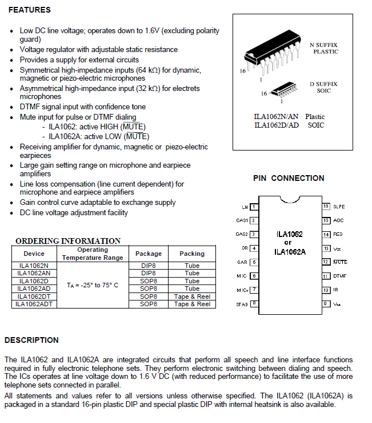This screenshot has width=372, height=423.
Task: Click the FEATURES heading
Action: [x=30, y=10]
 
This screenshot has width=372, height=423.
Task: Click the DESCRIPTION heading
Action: [x=31, y=340]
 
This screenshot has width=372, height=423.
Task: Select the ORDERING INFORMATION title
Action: [x=68, y=241]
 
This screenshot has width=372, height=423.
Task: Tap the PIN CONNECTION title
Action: [x=289, y=178]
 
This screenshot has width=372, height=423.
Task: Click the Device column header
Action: [x=34, y=254]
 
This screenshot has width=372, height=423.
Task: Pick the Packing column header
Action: [x=192, y=254]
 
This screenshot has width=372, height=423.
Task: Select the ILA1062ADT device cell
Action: [x=34, y=304]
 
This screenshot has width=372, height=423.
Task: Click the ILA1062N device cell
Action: [x=34, y=266]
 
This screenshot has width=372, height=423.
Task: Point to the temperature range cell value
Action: [x=93, y=284]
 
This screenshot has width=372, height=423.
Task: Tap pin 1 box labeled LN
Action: [x=253, y=207]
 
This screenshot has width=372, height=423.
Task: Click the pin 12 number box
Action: [x=326, y=262]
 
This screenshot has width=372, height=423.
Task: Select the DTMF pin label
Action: [x=340, y=276]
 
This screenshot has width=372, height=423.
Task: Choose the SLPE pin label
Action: [x=339, y=206]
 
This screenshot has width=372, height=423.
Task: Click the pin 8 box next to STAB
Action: [x=253, y=303]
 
